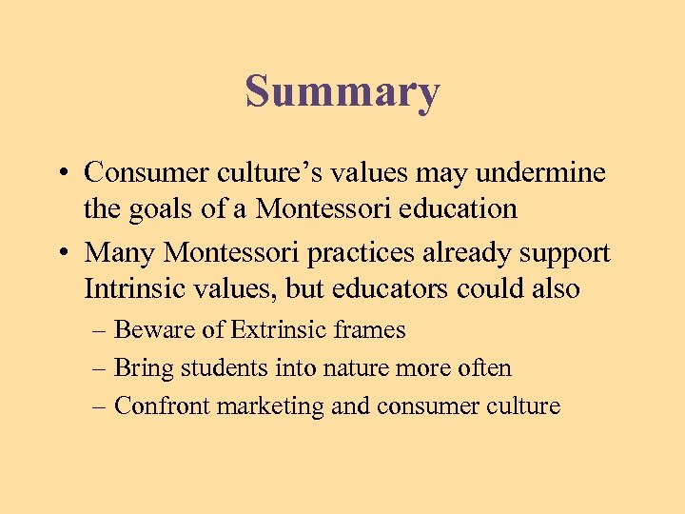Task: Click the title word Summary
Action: coord(342,93)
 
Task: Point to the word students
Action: coord(218,368)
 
